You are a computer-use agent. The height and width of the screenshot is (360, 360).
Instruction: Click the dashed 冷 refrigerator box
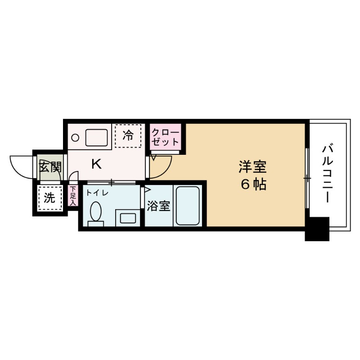click(128, 135)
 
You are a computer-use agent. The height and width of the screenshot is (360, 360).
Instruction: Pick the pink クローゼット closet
click(165, 136)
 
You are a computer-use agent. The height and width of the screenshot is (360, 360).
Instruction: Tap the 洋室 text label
click(252, 167)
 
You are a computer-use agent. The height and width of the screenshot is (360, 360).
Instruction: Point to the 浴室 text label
click(158, 206)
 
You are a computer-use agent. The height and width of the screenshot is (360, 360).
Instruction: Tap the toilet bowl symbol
click(95, 212)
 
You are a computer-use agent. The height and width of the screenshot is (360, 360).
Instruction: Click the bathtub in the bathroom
click(187, 206)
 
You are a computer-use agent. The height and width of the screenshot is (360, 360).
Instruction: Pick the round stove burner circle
click(76, 137)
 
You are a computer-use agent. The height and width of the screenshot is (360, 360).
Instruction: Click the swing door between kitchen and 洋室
click(161, 163)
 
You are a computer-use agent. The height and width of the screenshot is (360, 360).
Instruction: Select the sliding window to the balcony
click(307, 178)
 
